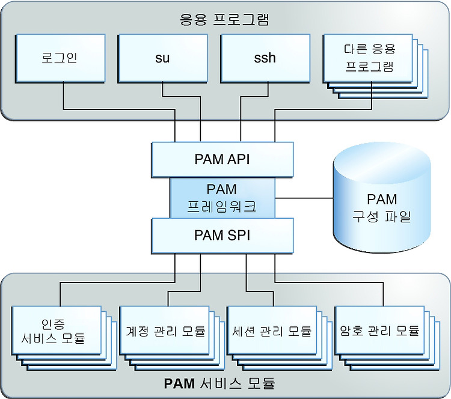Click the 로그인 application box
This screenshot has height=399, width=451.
pos(60,59)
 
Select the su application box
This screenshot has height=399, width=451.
pos(162,59)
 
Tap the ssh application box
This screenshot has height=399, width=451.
pos(265,59)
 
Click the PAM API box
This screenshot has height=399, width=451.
pos(222,160)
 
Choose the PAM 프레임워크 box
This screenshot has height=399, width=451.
pos(222,198)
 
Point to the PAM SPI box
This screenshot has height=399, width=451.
pos(222,236)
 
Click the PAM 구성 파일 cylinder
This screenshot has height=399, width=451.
pos(382,198)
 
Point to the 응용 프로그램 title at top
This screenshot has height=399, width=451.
pos(224,20)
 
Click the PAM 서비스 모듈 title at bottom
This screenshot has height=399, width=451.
pos(219,383)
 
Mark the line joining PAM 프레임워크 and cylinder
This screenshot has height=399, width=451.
pos(304,198)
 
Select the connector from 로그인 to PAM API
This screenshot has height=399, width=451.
pos(119,109)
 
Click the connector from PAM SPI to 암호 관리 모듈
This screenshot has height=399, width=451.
pos(329,282)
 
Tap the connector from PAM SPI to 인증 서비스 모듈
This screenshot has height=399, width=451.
pos(117,282)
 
